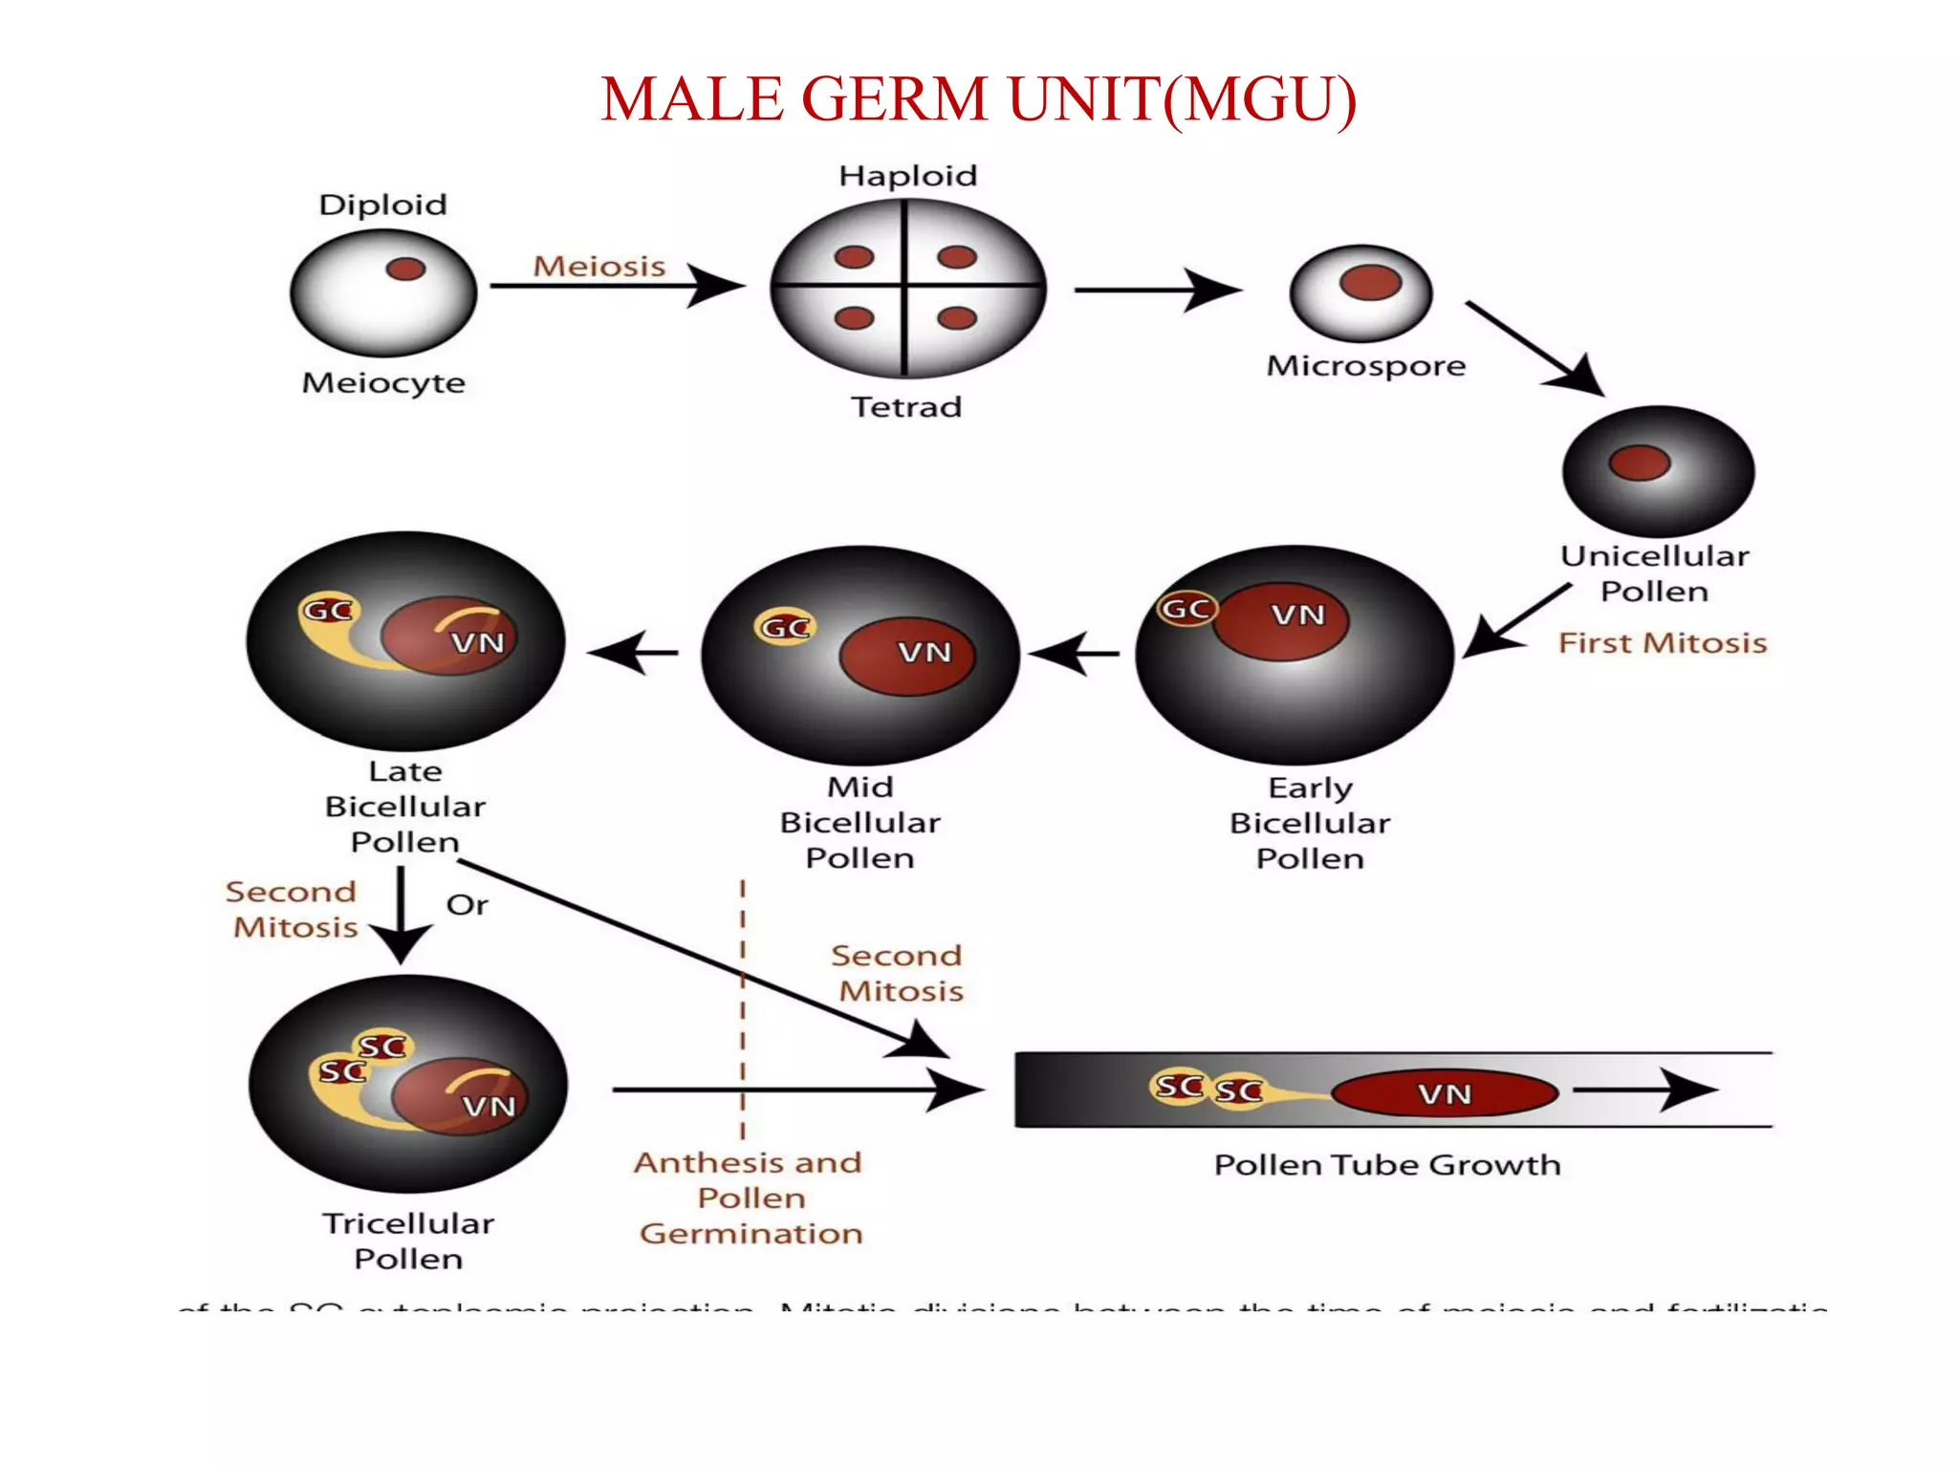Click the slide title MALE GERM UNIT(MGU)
pos(978,99)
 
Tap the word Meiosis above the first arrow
pos(598,266)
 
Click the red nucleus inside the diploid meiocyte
pos(405,269)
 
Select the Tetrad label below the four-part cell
pos(905,407)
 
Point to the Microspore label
pos(1365,366)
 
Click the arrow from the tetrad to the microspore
pos(1156,290)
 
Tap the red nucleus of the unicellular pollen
pos(1639,463)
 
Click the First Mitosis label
pos(1662,643)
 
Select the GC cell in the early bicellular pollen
pos(1186,609)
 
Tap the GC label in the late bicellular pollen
pos(328,610)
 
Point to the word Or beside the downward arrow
pos(467,905)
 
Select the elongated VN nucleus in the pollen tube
pos(1444,1093)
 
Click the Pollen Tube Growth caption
pos(1386,1165)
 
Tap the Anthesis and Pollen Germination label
pos(751,1198)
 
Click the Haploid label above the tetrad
pos(907,176)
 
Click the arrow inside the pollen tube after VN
pos(1644,1090)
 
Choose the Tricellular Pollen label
pos(408,1241)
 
